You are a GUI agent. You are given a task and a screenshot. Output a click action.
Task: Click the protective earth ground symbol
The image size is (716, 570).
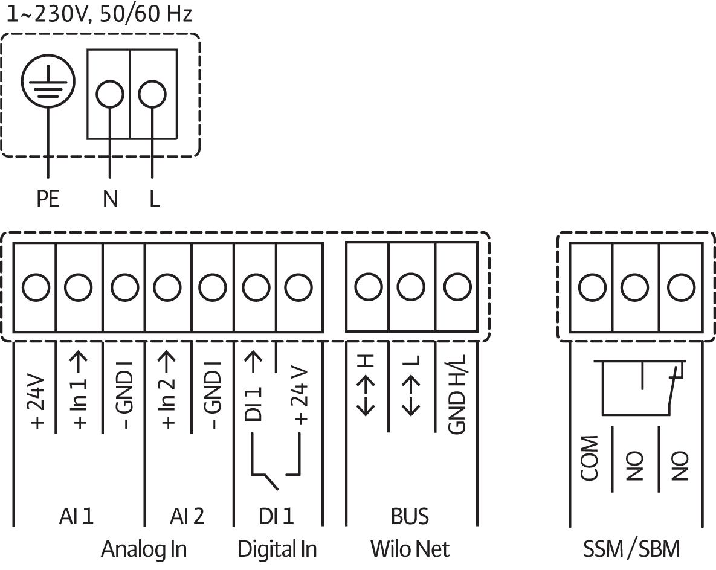click(x=48, y=84)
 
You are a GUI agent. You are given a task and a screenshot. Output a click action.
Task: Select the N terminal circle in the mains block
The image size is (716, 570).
click(x=110, y=94)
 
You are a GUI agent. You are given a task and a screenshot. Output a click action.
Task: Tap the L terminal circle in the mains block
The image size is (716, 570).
click(x=152, y=94)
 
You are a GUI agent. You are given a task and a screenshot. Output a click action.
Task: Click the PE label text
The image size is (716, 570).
click(x=48, y=199)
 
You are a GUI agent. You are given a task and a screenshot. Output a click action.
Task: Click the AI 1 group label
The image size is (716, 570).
click(x=77, y=516)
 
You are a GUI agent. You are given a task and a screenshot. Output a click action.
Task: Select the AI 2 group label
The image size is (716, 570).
click(x=187, y=516)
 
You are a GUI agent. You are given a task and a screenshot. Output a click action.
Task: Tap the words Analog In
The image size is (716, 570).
click(x=144, y=549)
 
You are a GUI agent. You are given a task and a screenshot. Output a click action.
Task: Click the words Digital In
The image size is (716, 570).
click(x=277, y=549)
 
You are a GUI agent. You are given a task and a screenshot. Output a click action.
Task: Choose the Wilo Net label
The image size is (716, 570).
click(x=410, y=549)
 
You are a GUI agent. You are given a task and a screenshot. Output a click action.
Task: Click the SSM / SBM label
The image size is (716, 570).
click(x=631, y=549)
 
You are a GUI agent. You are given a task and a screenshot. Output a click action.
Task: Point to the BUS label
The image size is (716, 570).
click(x=410, y=516)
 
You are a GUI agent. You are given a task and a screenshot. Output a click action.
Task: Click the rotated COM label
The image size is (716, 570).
click(x=590, y=459)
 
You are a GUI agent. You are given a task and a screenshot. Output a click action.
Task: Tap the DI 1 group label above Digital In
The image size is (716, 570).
click(x=276, y=516)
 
